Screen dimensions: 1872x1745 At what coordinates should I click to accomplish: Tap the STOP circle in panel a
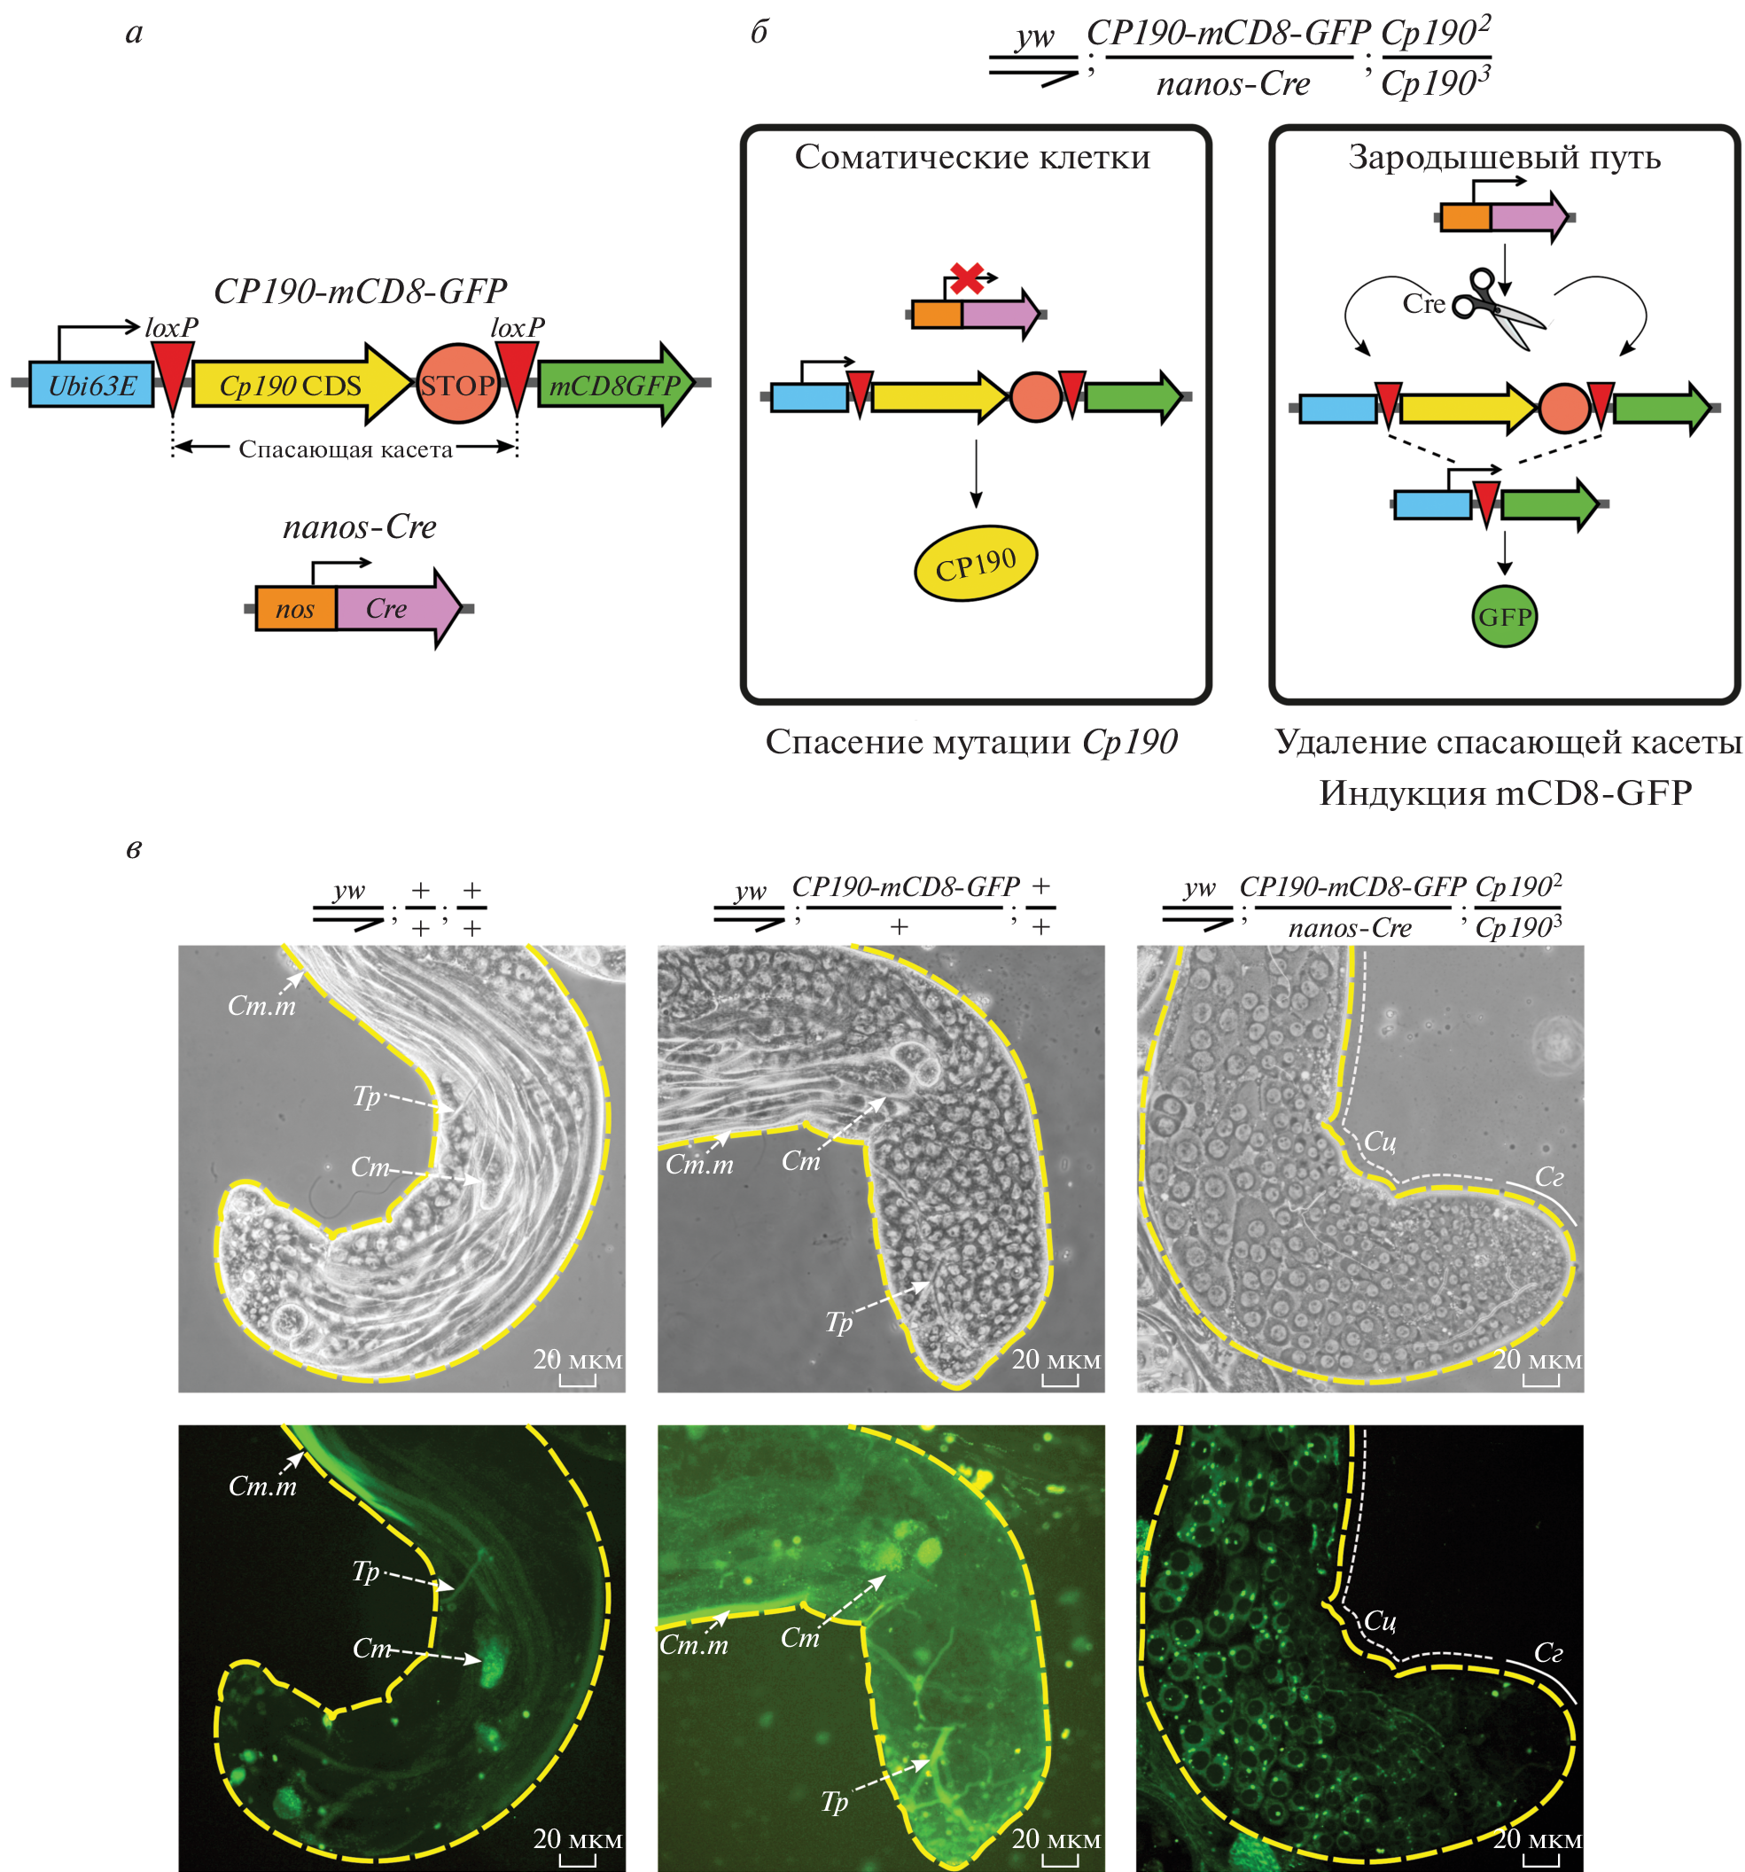457,384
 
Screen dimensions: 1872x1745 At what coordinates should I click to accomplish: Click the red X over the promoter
967,278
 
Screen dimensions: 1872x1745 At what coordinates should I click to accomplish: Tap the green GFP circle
1504,617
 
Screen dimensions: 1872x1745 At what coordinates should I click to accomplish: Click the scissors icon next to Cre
1498,308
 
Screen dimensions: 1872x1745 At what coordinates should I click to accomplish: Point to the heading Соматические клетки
972,157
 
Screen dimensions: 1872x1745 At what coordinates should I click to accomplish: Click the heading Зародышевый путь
1504,157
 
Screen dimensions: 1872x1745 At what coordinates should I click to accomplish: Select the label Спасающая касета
346,449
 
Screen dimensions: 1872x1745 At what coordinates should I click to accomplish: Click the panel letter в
134,848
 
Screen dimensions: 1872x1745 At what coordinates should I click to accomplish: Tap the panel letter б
759,32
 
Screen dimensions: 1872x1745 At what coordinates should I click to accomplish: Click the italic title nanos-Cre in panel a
360,526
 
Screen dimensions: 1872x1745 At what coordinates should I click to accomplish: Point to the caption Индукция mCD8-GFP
1505,793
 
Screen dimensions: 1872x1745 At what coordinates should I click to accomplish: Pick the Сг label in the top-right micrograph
1549,1176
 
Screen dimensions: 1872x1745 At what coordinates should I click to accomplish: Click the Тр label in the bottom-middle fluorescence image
834,1800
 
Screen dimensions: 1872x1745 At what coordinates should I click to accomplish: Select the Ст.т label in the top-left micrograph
261,1006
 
